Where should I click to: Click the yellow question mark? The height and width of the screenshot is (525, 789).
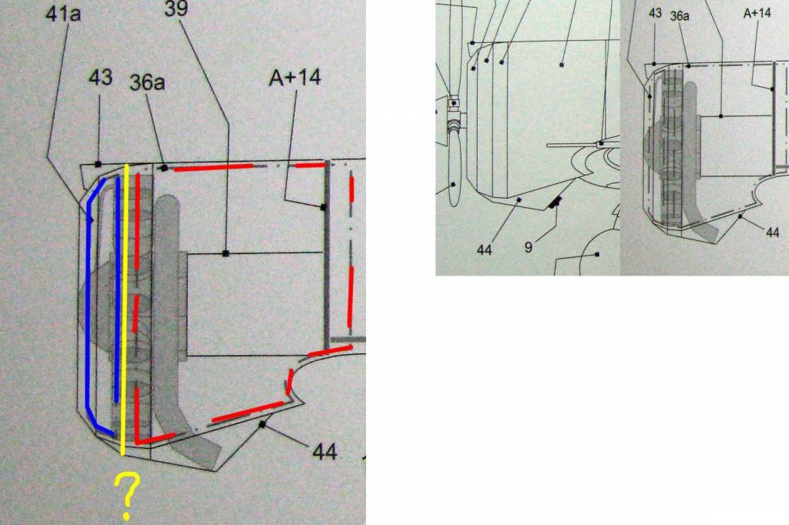pos(127,495)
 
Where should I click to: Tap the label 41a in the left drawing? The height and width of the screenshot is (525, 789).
pos(63,14)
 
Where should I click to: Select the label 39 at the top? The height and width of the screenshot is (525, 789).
pos(176,8)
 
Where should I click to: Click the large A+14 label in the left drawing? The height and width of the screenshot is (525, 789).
pos(295,77)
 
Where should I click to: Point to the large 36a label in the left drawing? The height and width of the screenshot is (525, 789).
pos(147,82)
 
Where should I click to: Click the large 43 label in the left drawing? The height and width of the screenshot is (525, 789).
pos(100,77)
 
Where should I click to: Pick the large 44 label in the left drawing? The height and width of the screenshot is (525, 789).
pos(324,452)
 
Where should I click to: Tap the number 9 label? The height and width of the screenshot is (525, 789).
pos(529,247)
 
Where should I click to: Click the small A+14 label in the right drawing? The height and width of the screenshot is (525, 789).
pos(757,13)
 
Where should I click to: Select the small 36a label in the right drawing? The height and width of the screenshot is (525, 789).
pos(680,15)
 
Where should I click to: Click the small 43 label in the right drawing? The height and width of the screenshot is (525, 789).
pos(655,13)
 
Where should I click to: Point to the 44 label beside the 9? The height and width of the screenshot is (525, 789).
pos(484,249)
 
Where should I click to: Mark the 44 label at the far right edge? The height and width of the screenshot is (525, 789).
pos(772,232)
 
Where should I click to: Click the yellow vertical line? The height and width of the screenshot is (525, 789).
pos(125,309)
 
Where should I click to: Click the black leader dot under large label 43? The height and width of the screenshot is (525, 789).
pos(98,164)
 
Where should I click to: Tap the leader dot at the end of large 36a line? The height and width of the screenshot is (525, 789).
pos(164,168)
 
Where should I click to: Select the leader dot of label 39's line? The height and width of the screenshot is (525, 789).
pos(226,253)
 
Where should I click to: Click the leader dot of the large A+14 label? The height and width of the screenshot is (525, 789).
pos(323,206)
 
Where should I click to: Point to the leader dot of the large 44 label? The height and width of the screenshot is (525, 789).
pos(262,425)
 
